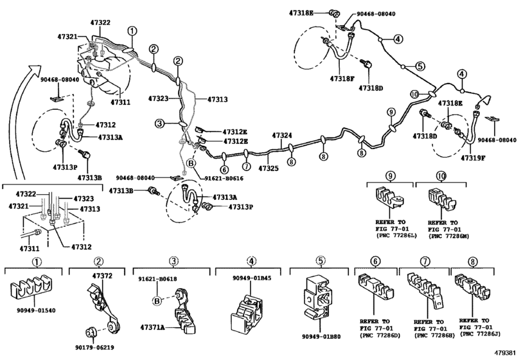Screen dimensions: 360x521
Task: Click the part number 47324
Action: pos(282,136)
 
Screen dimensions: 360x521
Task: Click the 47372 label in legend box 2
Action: pos(102,275)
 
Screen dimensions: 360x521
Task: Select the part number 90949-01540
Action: pos(36,310)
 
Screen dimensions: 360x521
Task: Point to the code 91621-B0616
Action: pos(224,178)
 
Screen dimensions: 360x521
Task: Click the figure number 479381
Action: pos(506,353)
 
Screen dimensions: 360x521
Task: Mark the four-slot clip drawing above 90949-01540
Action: pos(35,289)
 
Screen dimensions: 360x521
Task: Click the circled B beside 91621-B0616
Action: pos(190,163)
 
